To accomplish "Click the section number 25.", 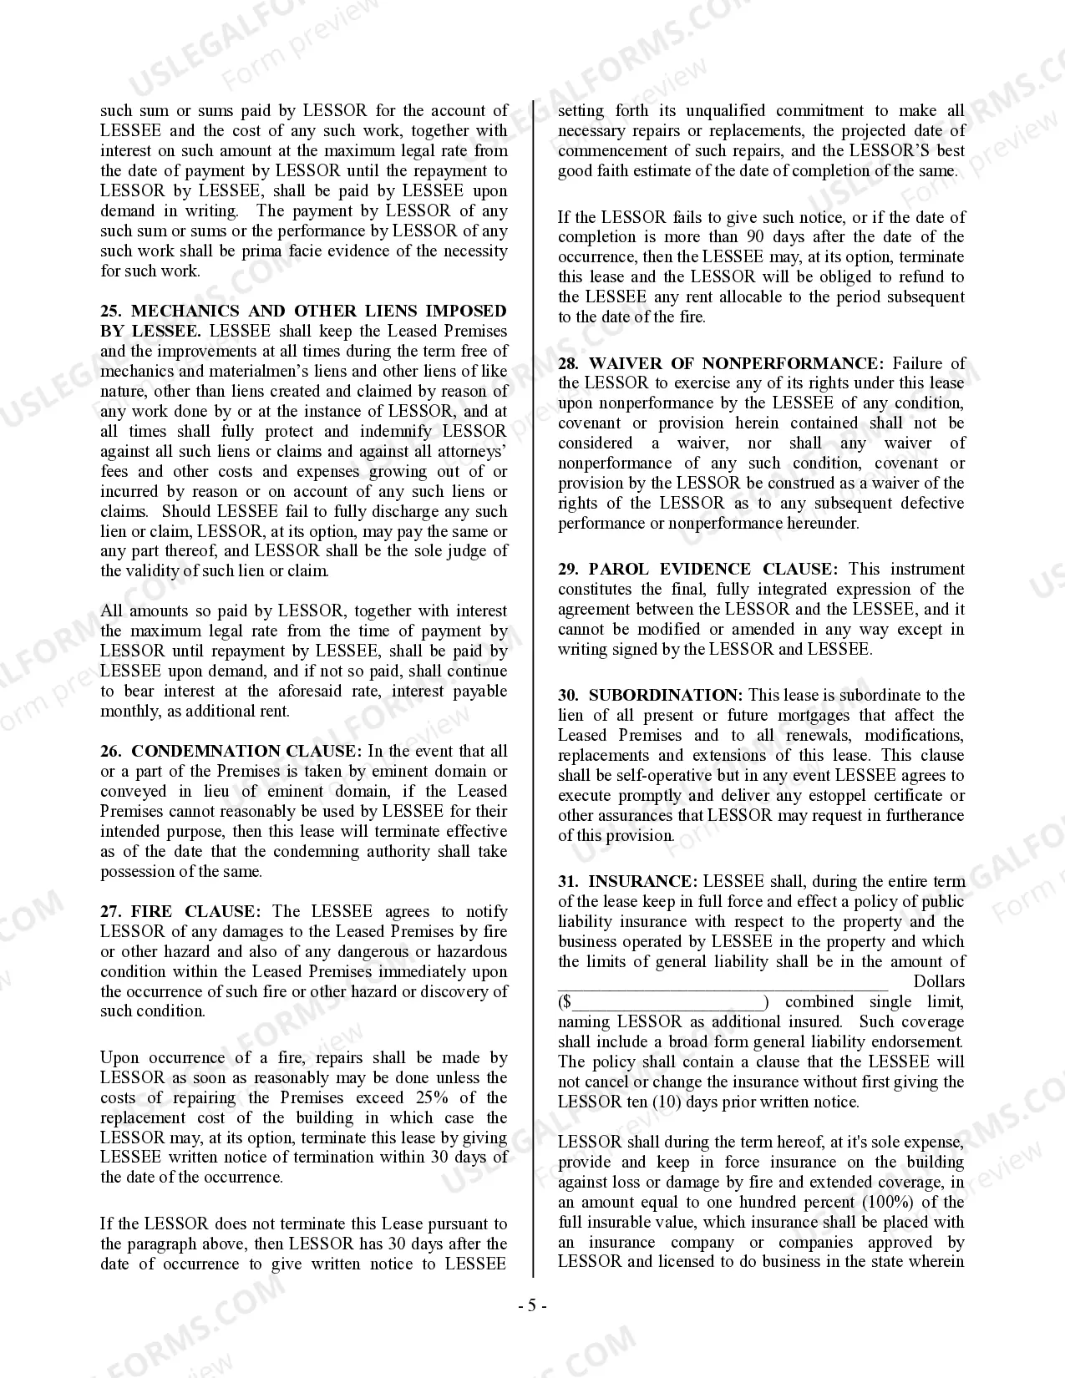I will pyautogui.click(x=111, y=311).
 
